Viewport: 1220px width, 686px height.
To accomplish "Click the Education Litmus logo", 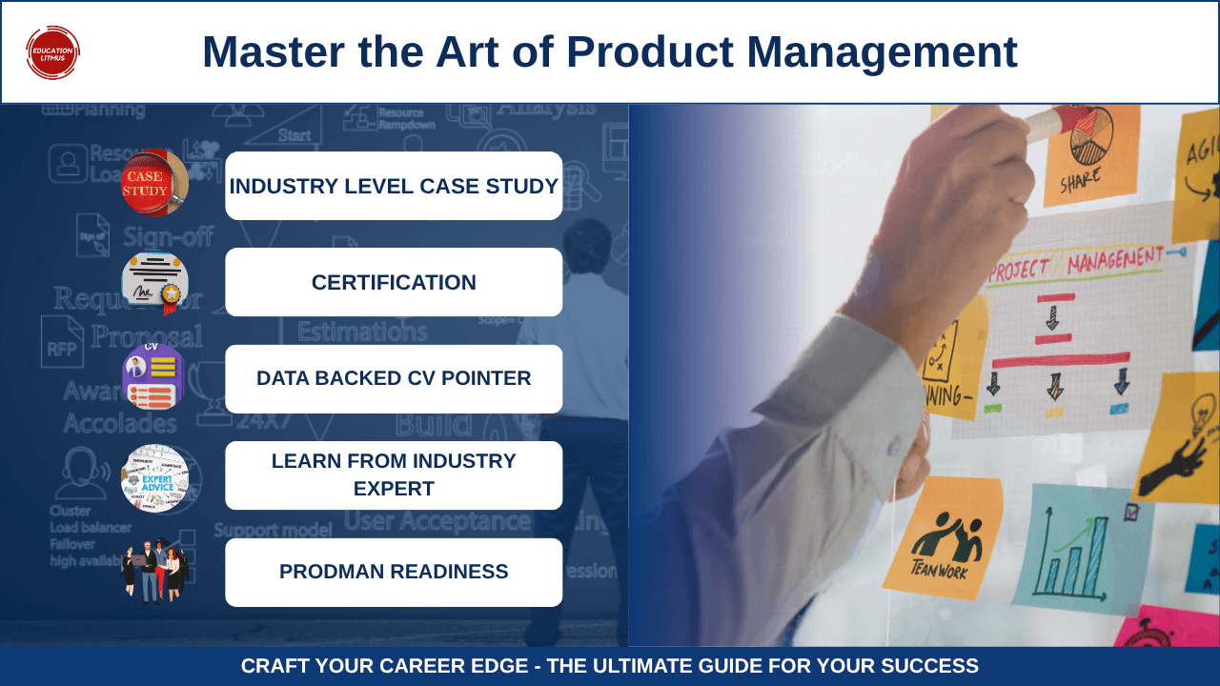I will tap(52, 52).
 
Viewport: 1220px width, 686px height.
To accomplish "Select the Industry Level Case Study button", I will tap(394, 186).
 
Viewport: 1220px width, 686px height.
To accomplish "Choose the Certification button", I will tap(394, 282).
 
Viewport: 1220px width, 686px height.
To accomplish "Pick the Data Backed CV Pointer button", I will tap(394, 378).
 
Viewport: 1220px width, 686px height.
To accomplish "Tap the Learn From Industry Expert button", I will tap(394, 474).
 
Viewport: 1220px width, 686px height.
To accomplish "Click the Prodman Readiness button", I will tap(394, 572).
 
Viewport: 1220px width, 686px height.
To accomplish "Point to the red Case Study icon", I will tap(153, 182).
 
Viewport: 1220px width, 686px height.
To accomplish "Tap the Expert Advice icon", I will tap(154, 477).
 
